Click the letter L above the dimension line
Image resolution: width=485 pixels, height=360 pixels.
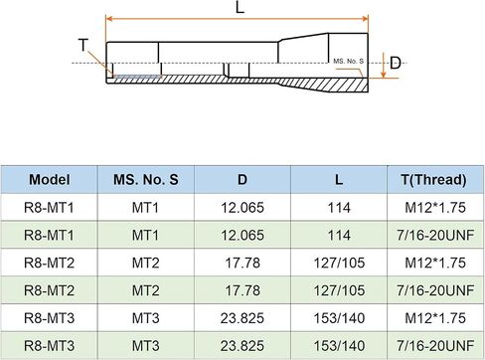coord(240,7)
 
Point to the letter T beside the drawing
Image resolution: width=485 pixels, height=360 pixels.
coord(83,45)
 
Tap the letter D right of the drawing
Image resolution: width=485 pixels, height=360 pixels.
coord(395,63)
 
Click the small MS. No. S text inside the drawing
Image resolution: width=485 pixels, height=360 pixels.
coord(348,61)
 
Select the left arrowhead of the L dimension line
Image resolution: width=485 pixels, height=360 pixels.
coord(109,18)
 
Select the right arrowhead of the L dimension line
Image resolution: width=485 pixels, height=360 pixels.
coord(365,18)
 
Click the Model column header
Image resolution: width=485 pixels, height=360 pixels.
coord(50,180)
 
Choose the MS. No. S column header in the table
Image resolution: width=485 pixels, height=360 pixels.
coord(146,180)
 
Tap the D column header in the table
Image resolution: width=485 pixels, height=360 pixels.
coord(242,180)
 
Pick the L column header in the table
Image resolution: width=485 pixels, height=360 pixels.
coord(339,180)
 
